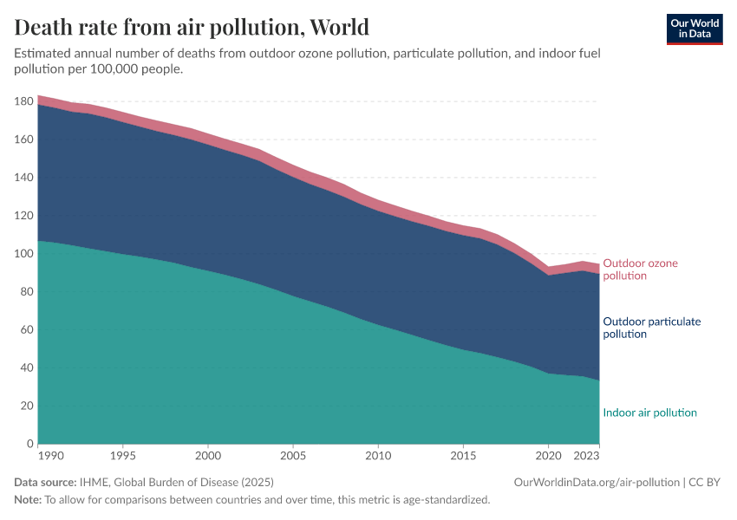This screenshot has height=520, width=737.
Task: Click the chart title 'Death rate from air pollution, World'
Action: click(192, 27)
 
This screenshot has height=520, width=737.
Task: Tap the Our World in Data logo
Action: click(694, 29)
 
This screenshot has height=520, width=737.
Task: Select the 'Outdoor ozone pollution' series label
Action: click(640, 270)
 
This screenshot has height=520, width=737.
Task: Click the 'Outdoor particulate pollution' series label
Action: click(651, 328)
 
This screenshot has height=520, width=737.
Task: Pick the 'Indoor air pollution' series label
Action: click(649, 413)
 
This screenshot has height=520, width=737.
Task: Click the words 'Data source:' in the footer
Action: click(45, 482)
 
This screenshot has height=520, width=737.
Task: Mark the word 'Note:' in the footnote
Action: click(29, 500)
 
